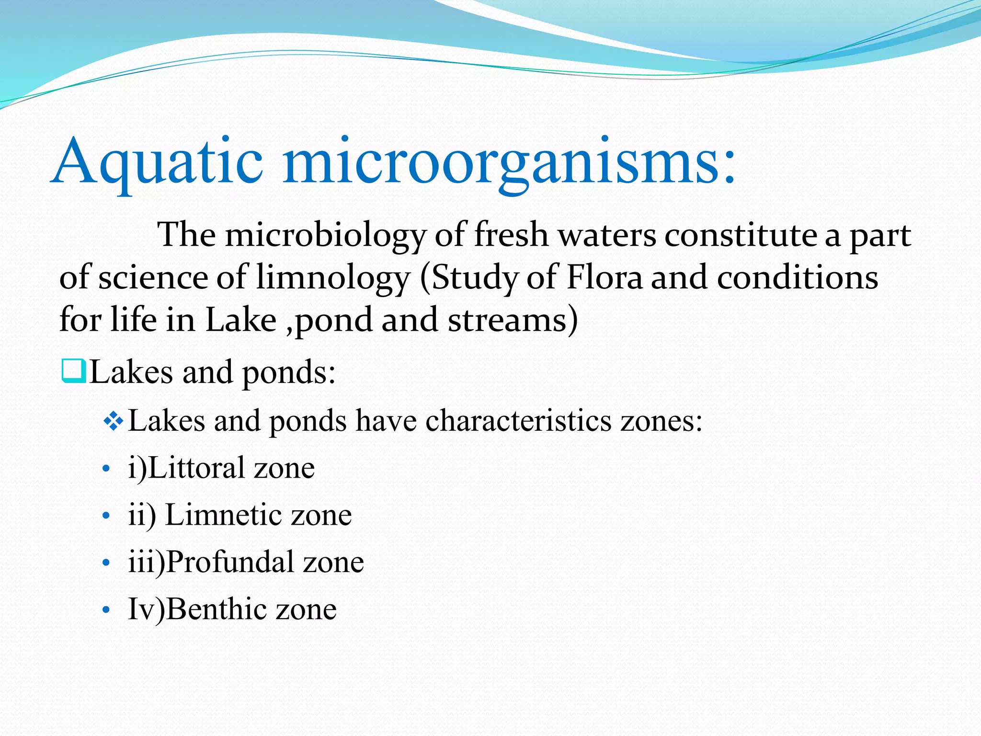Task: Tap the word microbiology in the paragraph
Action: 325,235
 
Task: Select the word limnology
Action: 332,278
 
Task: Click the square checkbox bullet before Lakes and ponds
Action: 74,371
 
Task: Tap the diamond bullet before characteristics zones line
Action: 114,421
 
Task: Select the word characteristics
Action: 518,421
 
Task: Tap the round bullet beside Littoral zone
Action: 106,469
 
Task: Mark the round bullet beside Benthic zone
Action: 106,610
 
